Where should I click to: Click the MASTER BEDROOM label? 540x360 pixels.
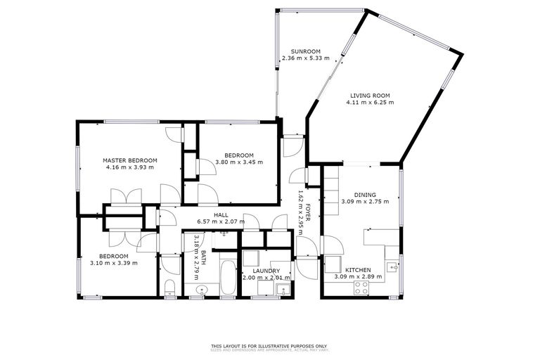(129, 160)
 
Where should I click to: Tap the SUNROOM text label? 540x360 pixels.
(301, 51)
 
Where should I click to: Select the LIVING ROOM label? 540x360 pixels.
(370, 96)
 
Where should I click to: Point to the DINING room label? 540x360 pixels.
(365, 195)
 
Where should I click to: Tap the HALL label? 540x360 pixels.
(221, 215)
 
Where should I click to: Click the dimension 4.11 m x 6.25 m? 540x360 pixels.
(370, 103)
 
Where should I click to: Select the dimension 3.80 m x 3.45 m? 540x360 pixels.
(238, 162)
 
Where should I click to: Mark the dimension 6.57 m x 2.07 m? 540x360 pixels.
(221, 221)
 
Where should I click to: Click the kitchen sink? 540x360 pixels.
(392, 266)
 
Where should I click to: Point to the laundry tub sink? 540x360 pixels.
(282, 288)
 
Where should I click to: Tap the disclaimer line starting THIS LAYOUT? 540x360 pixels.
(269, 346)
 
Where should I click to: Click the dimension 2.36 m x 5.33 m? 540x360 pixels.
(301, 58)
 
